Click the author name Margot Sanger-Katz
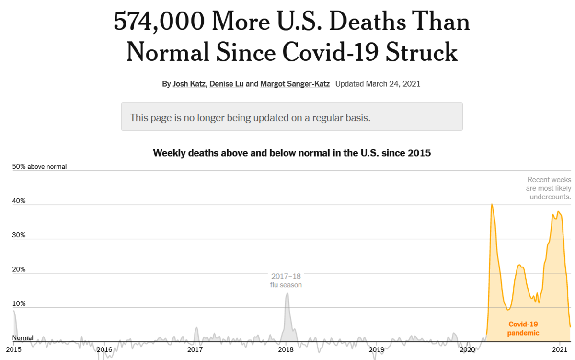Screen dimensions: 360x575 point(295,84)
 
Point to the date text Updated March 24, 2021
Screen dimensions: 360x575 point(378,84)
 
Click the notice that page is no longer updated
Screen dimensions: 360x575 point(250,117)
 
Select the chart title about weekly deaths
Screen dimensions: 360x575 point(292,153)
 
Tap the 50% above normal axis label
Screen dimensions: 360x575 point(39,167)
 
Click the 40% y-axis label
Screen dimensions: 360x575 point(19,201)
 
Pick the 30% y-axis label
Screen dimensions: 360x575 point(19,235)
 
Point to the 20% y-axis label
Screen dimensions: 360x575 point(19,269)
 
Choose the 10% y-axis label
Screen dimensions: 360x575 point(19,304)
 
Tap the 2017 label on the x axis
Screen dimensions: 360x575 point(195,350)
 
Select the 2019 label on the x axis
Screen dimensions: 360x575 point(377,350)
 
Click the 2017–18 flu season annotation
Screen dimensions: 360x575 point(286,280)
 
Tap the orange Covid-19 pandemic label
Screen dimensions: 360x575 point(523,329)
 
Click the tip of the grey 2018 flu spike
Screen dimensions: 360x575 point(287,294)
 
